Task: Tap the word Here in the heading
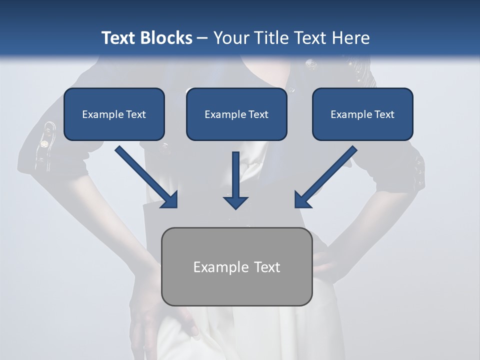tap(351, 38)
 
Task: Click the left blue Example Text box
tap(114, 114)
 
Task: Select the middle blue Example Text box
tap(236, 114)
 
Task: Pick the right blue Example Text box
tap(362, 114)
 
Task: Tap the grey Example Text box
tap(236, 266)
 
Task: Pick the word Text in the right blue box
tap(384, 114)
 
